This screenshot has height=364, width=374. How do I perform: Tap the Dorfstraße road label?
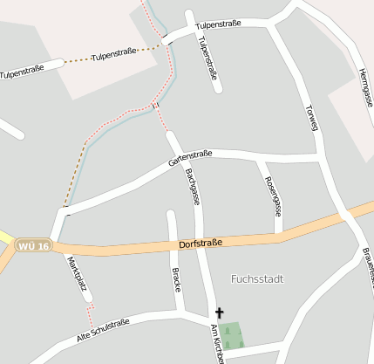(201, 244)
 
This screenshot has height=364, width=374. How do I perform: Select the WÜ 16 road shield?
(33, 246)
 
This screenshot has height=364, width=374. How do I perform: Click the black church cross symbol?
(219, 312)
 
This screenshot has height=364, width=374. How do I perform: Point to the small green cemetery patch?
(230, 335)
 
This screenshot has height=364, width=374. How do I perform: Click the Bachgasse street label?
(193, 188)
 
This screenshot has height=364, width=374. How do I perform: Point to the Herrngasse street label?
(366, 88)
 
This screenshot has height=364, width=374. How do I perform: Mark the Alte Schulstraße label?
(103, 329)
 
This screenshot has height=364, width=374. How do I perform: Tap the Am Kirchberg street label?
(217, 343)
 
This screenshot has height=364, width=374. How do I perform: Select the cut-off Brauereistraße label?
(369, 266)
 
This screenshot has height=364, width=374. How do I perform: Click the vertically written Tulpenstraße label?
(207, 58)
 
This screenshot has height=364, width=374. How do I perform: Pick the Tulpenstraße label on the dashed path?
(113, 54)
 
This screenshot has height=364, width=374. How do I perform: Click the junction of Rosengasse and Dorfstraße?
(279, 235)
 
